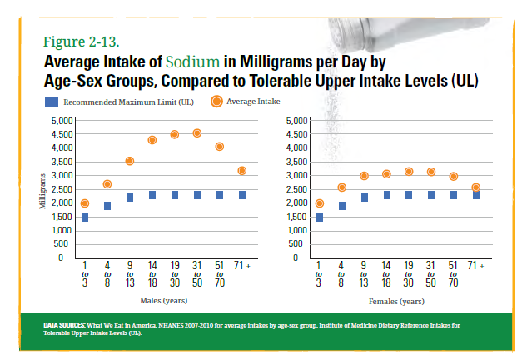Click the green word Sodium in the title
point(193,62)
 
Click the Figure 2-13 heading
point(82,42)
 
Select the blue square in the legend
point(52,102)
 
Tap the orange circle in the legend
point(216,102)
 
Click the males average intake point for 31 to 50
point(197,133)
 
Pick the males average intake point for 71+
point(242,171)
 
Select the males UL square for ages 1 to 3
point(85,217)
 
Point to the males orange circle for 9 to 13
point(130,162)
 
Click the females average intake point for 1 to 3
point(319,203)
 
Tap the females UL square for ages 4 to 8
point(342,206)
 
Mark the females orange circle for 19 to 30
point(409,172)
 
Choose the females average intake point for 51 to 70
point(454,177)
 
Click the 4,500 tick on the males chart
point(62,134)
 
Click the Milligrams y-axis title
point(42,192)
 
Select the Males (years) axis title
point(164,301)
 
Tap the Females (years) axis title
point(396,302)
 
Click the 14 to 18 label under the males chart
point(152,274)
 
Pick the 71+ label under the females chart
point(475,265)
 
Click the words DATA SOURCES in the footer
point(65,325)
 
